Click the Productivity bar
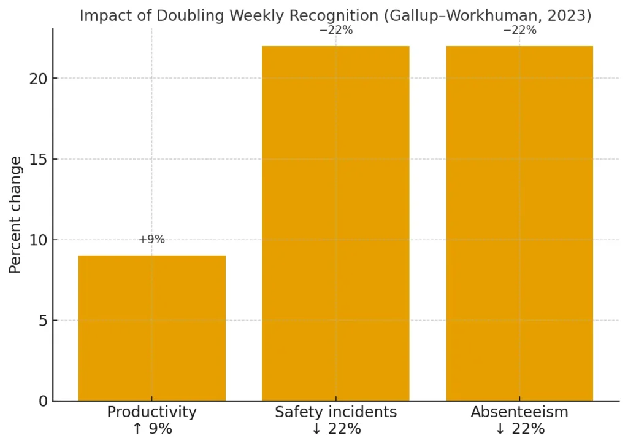pyautogui.click(x=152, y=328)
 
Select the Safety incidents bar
pyautogui.click(x=335, y=224)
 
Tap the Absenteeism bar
pyautogui.click(x=519, y=224)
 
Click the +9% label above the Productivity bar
pyautogui.click(x=152, y=240)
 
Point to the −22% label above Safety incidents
pyautogui.click(x=335, y=30)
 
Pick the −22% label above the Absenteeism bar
pyautogui.click(x=519, y=30)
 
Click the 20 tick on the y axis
pyautogui.click(x=39, y=79)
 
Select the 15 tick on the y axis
pyautogui.click(x=39, y=159)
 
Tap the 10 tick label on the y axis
pyautogui.click(x=39, y=240)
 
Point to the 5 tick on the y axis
pyautogui.click(x=44, y=321)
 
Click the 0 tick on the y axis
pyautogui.click(x=44, y=401)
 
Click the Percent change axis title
pyautogui.click(x=15, y=215)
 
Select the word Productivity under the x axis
pyautogui.click(x=152, y=412)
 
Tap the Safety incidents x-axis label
pyautogui.click(x=335, y=412)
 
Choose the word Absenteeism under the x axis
pyautogui.click(x=519, y=412)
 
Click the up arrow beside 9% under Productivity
pyautogui.click(x=137, y=429)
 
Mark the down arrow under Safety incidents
pyautogui.click(x=316, y=429)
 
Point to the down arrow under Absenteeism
pyautogui.click(x=500, y=429)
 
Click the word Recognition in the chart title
pyautogui.click(x=334, y=16)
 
